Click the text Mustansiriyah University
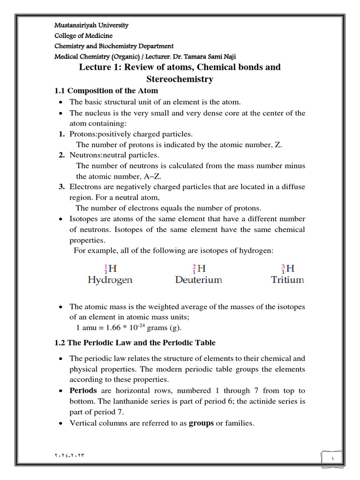pyautogui.click(x=91, y=25)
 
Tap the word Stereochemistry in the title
pyautogui.click(x=180, y=79)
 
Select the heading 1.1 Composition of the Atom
pyautogui.click(x=106, y=90)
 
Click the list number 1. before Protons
pyautogui.click(x=61, y=134)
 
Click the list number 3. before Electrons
pyautogui.click(x=61, y=187)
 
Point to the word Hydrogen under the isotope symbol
pyautogui.click(x=110, y=280)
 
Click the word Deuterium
pyautogui.click(x=199, y=280)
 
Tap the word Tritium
pyautogui.click(x=287, y=280)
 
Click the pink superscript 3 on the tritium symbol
pyautogui.click(x=283, y=266)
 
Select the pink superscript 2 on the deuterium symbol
pyautogui.click(x=194, y=266)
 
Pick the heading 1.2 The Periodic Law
pyautogui.click(x=135, y=343)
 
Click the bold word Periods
pyautogui.click(x=83, y=390)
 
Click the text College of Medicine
pyautogui.click(x=84, y=36)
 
